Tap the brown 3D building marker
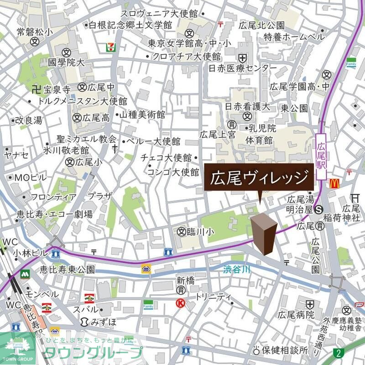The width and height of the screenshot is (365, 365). pyautogui.click(x=264, y=233)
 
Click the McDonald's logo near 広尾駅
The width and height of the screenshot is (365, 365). pyautogui.click(x=334, y=183)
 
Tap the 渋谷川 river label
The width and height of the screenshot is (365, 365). pyautogui.click(x=237, y=270)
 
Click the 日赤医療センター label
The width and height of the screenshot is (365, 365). pyautogui.click(x=242, y=68)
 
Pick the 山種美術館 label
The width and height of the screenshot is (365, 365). pyautogui.click(x=142, y=115)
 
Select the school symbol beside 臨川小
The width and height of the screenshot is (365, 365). pyautogui.click(x=182, y=232)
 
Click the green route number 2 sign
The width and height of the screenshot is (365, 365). pyautogui.click(x=338, y=353)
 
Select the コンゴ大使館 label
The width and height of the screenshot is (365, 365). pyautogui.click(x=173, y=172)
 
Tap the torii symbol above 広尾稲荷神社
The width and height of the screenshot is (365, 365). pyautogui.click(x=354, y=198)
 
